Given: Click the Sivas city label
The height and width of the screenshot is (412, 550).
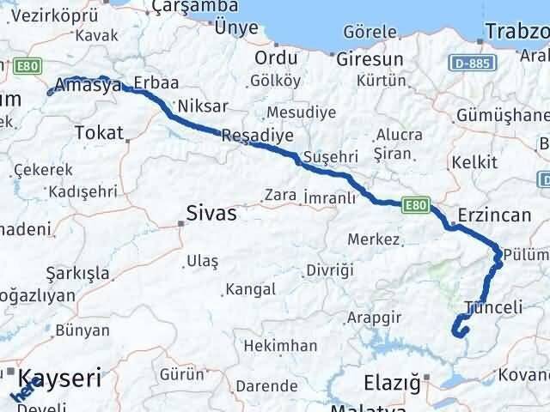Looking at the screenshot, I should tap(212, 214).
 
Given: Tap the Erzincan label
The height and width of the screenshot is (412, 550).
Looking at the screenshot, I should tap(494, 215).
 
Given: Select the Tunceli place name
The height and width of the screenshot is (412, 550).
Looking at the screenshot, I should tap(492, 307).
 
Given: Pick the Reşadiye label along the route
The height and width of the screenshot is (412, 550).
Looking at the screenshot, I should tap(257, 136).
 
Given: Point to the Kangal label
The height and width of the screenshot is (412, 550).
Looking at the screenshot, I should tap(251, 289).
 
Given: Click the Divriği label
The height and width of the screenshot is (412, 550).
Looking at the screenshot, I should tap(330, 270).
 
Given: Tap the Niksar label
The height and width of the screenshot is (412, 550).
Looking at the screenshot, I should tap(205, 106).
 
